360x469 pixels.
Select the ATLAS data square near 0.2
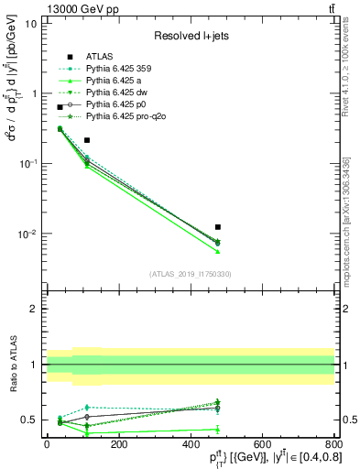(x=87, y=140)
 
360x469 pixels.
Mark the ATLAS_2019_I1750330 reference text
(x=191, y=274)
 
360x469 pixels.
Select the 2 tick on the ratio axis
(x=35, y=309)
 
